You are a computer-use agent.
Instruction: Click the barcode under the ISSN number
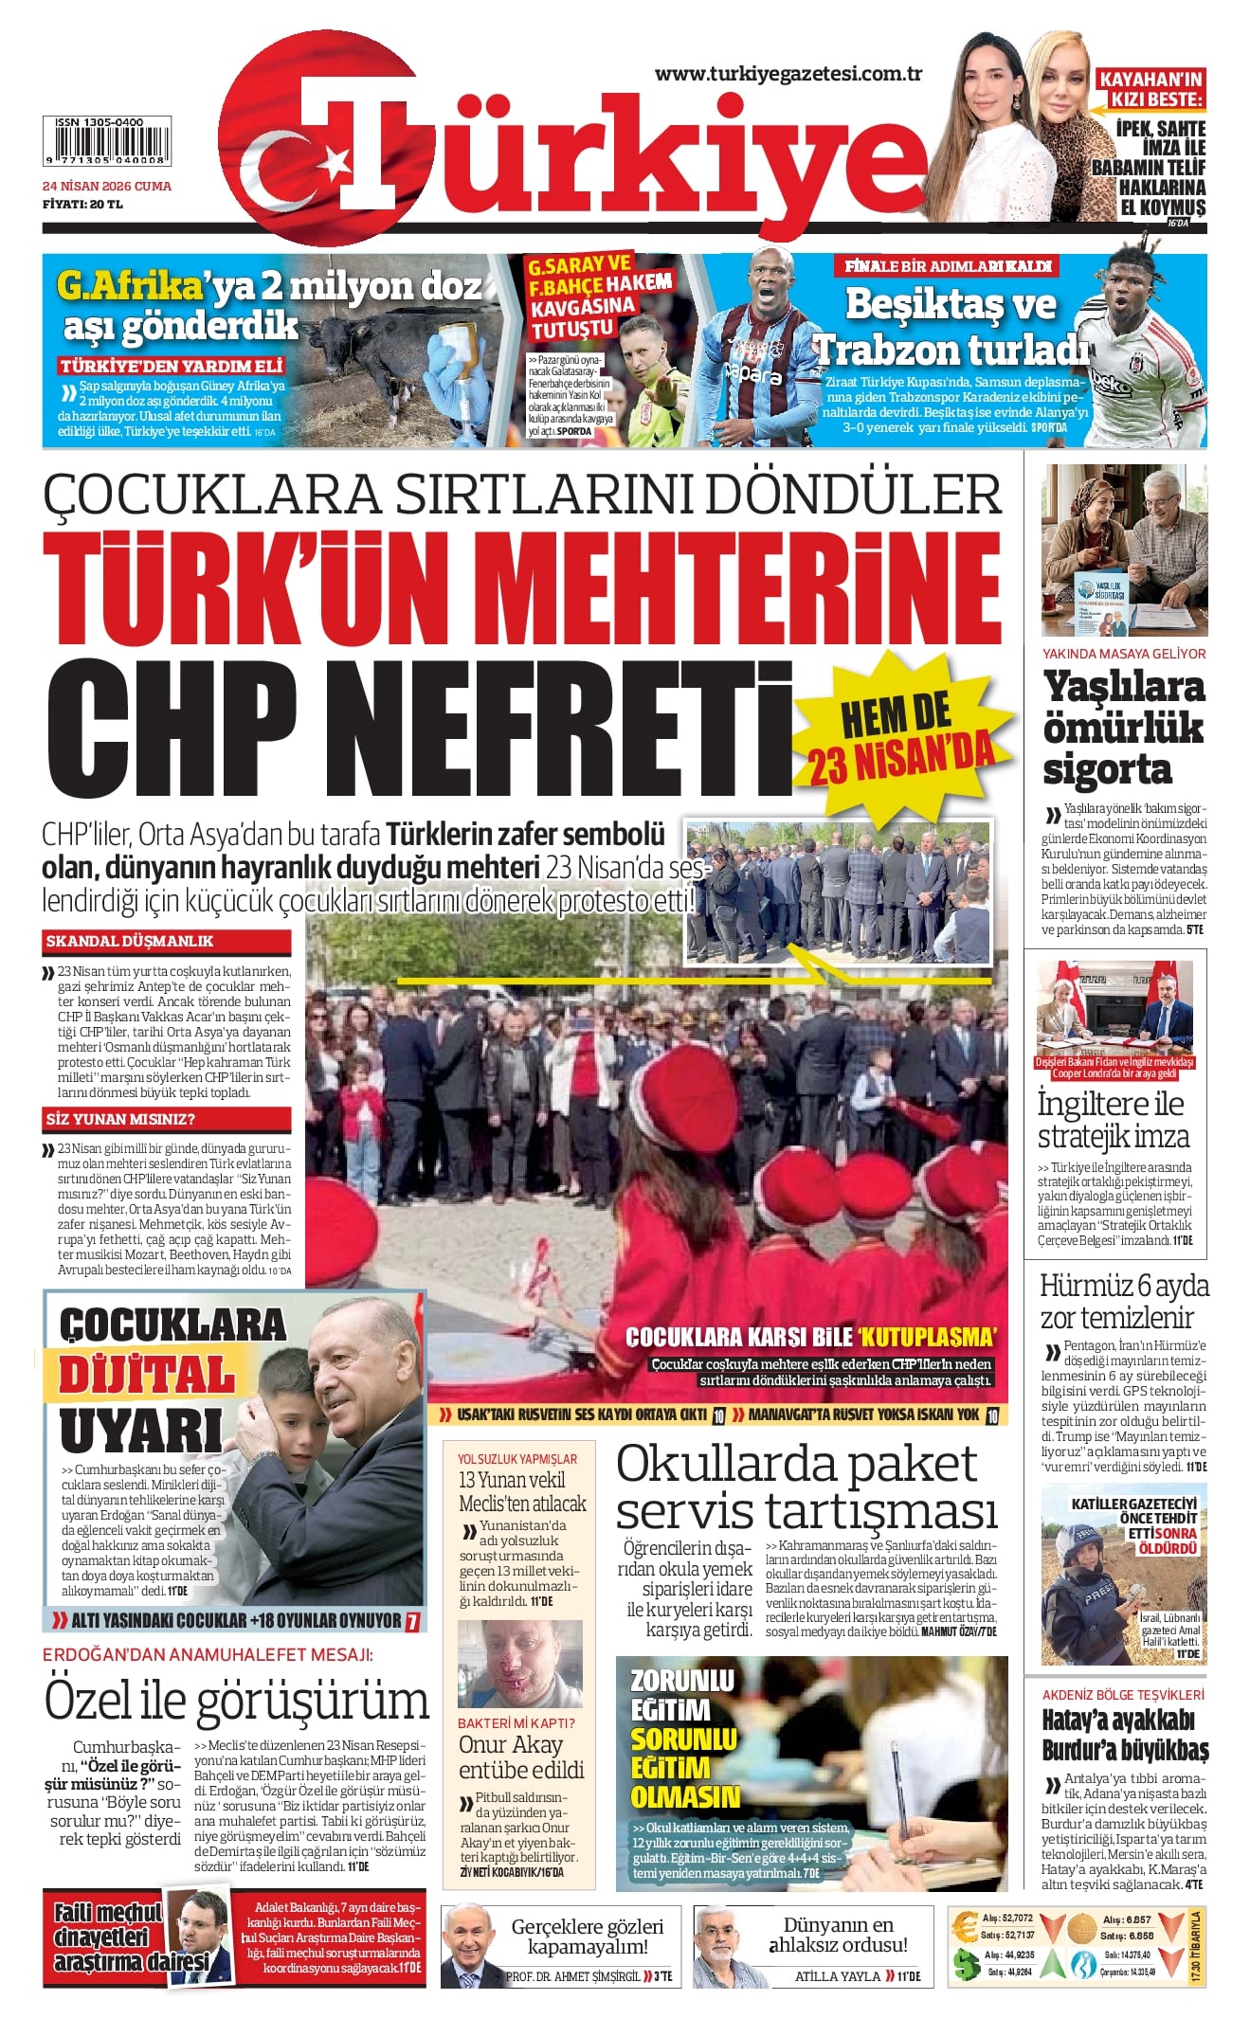(106, 145)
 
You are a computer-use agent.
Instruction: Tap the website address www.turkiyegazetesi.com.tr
(788, 74)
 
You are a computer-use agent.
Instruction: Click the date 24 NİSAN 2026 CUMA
(106, 187)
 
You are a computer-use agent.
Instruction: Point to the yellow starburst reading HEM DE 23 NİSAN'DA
(900, 734)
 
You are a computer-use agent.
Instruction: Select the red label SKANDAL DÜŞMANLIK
(130, 941)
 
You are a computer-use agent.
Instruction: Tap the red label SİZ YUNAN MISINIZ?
(120, 1119)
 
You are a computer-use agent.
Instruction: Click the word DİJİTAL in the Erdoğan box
(147, 1376)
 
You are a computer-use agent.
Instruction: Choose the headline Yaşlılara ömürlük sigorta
(1123, 727)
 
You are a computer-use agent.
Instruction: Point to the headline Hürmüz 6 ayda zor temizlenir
(1124, 1301)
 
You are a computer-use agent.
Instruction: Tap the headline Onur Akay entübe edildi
(520, 1757)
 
